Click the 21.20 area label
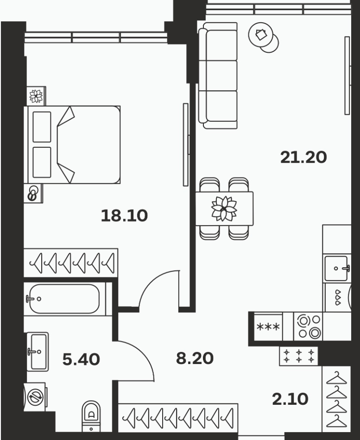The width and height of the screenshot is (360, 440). click(303, 157)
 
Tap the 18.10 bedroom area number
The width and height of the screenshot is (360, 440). click(124, 216)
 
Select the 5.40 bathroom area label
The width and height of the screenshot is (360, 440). click(81, 359)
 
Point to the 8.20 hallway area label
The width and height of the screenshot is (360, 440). click(195, 358)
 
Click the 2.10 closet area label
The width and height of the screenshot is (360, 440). click(290, 399)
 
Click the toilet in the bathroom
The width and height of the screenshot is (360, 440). click(91, 416)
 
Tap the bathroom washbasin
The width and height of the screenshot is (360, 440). click(38, 352)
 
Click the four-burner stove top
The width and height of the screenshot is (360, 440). click(308, 327)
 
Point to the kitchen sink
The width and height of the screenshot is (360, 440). click(337, 268)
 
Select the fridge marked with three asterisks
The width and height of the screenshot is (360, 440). click(268, 327)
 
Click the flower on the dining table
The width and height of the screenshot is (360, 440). click(224, 208)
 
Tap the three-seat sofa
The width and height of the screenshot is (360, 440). click(218, 76)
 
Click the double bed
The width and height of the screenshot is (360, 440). click(72, 145)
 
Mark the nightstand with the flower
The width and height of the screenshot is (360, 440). click(36, 96)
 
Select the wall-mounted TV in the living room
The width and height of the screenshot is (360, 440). click(347, 75)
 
